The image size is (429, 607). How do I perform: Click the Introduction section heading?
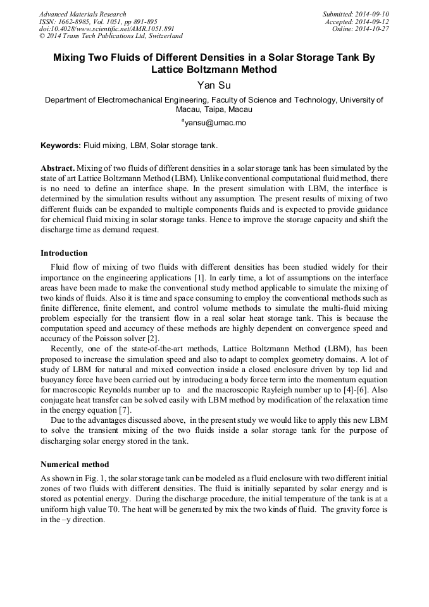click(64, 253)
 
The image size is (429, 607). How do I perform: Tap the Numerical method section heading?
click(75, 464)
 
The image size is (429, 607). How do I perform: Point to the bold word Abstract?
click(58, 168)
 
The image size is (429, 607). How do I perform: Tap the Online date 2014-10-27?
click(374, 29)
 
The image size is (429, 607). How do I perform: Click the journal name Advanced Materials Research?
click(83, 14)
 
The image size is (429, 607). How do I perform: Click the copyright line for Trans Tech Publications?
click(111, 36)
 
